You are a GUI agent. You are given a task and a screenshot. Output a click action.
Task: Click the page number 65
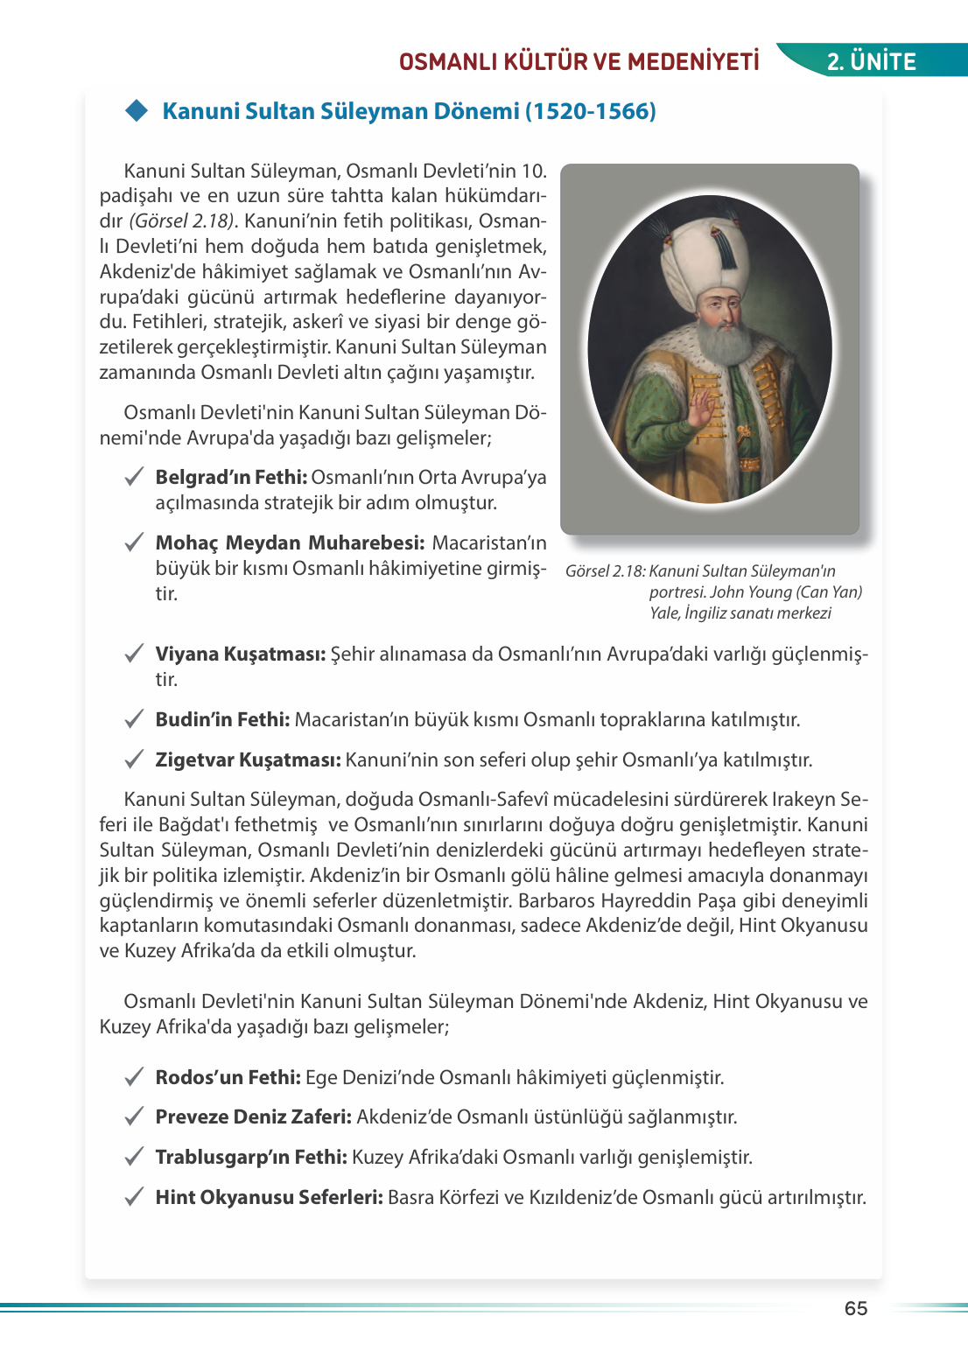(x=855, y=1308)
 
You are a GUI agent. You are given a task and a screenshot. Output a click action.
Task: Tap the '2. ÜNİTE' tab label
(x=872, y=61)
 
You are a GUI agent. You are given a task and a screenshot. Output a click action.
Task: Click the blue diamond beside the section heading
(x=137, y=110)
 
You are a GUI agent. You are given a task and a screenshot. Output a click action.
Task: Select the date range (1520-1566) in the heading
(x=591, y=111)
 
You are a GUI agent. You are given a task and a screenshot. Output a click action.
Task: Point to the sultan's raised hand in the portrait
(x=702, y=408)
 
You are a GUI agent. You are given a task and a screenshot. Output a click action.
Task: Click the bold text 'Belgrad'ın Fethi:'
(x=231, y=478)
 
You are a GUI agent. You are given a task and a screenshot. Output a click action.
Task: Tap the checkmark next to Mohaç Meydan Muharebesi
(x=134, y=543)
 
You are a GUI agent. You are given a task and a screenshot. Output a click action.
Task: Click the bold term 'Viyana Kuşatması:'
(x=241, y=654)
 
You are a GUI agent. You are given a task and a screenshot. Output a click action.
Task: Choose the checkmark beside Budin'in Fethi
(x=134, y=720)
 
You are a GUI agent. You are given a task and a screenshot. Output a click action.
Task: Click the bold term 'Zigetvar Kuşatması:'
(x=248, y=760)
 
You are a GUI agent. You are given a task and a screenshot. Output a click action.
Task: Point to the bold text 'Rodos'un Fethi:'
(x=228, y=1078)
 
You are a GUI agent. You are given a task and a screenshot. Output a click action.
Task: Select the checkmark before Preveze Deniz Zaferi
(x=134, y=1117)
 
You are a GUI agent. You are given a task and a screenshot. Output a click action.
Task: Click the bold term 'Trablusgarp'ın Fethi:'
(x=251, y=1158)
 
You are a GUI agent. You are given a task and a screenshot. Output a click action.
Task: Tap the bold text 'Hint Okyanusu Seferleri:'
(x=269, y=1198)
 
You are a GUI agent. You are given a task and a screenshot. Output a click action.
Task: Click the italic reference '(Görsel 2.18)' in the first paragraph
(x=182, y=221)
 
